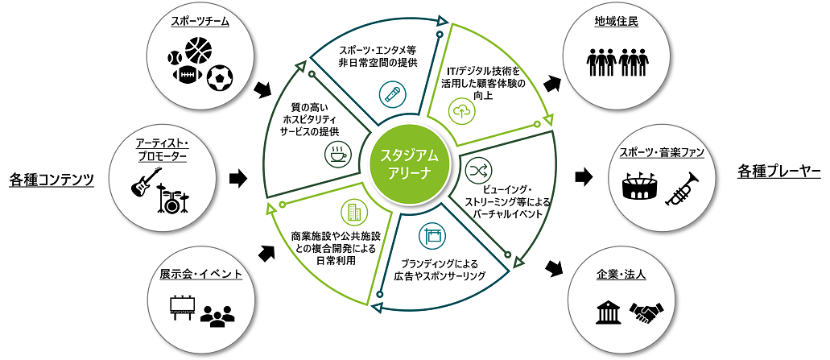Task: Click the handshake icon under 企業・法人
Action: [x=646, y=311]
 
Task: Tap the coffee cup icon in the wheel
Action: [x=335, y=154]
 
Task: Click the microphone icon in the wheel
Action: [x=390, y=96]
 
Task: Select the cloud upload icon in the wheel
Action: [x=463, y=112]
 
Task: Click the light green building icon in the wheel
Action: [x=353, y=213]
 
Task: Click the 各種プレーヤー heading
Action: [x=778, y=172]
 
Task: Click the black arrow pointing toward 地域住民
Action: [x=553, y=83]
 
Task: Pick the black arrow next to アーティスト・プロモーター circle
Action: [x=238, y=178]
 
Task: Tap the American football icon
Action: [x=186, y=76]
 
